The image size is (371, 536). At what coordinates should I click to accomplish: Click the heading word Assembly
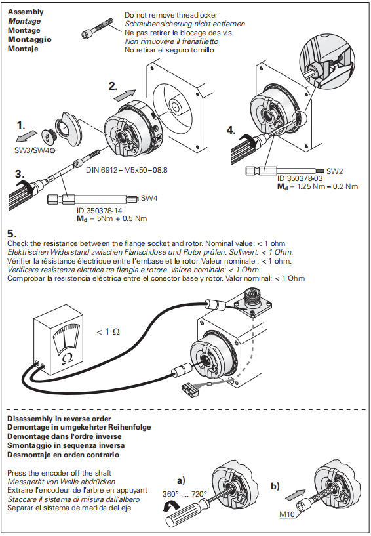26,12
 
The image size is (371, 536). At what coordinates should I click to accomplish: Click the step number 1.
21,126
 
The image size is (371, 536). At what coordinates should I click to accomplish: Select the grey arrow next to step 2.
125,95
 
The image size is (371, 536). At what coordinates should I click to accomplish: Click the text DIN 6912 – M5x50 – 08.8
127,170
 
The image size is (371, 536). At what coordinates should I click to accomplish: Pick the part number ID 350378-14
100,210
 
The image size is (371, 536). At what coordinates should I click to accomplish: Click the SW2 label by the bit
334,171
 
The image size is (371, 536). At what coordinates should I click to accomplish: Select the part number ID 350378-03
300,178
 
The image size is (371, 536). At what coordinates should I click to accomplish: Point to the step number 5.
12,234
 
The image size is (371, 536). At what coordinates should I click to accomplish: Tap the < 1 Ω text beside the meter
108,331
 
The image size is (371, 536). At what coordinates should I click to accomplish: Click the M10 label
287,514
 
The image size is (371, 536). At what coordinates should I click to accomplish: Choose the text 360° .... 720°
184,494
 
